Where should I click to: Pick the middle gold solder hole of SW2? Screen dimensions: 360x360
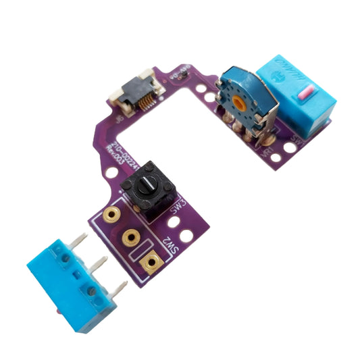[131, 238]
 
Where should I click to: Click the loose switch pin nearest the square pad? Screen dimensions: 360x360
[120, 290]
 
